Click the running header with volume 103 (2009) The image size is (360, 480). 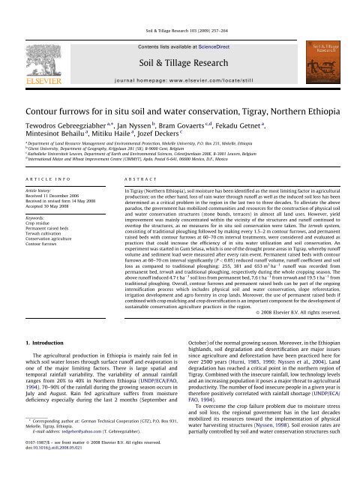click(179, 6)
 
